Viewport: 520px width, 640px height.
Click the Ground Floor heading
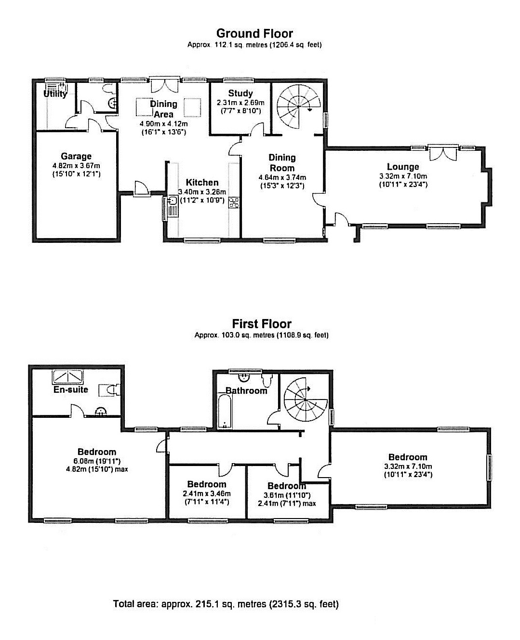(254, 33)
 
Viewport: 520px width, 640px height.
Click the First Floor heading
(262, 324)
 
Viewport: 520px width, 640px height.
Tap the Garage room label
(76, 156)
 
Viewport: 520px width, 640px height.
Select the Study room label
(240, 93)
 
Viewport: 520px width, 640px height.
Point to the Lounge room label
(402, 167)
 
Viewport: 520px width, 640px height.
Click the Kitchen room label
(202, 182)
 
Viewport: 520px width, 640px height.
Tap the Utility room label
(55, 94)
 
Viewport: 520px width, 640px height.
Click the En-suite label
(71, 389)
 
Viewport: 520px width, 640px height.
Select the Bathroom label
(246, 390)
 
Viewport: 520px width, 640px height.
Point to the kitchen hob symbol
(234, 202)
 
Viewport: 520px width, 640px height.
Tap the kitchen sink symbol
(172, 201)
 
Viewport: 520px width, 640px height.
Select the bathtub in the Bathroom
(225, 412)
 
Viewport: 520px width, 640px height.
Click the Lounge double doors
(442, 154)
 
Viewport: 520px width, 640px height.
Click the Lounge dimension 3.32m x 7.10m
(403, 176)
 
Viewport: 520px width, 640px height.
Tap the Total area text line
(226, 604)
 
